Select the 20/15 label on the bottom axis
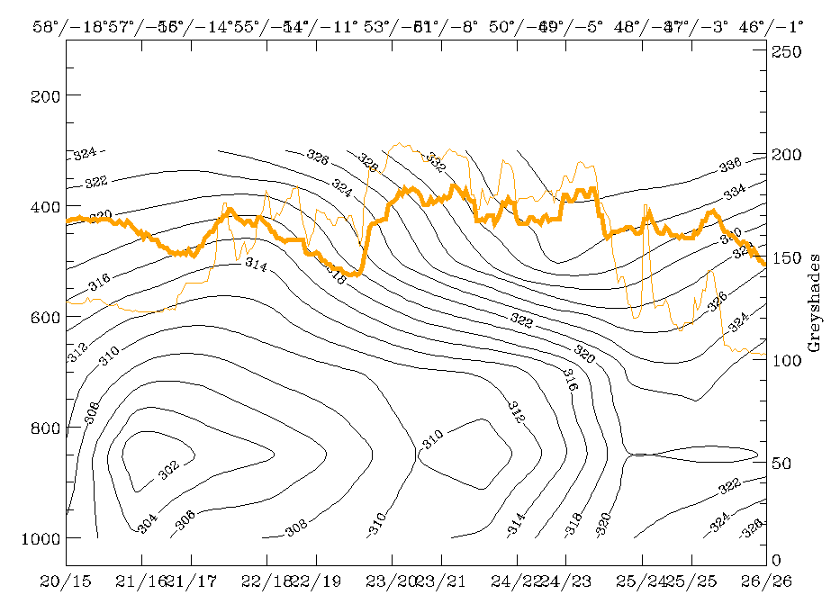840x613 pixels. (66, 582)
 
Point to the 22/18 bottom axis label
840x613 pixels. (266, 582)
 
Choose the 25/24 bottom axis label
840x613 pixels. (642, 582)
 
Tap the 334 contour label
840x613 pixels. (735, 191)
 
